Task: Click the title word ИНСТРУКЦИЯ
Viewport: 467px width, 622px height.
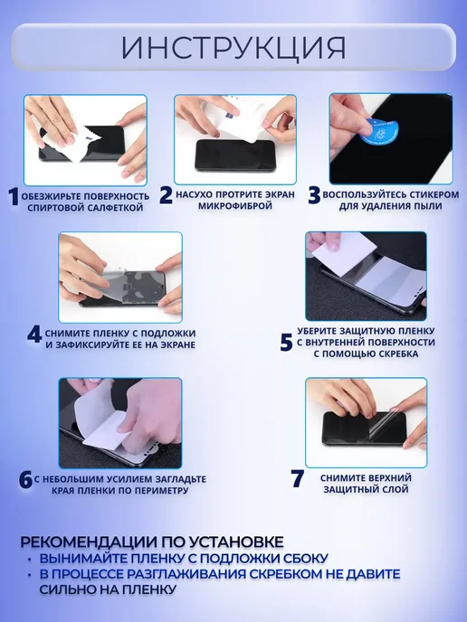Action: pos(233,49)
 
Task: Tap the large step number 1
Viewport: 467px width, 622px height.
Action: pos(14,197)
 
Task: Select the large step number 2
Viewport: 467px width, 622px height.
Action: pos(166,195)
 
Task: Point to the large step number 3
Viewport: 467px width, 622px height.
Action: pos(314,195)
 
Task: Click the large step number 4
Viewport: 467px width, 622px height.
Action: pos(34,335)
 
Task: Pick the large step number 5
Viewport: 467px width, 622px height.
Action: pos(286,343)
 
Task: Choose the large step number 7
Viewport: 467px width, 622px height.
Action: pos(298,478)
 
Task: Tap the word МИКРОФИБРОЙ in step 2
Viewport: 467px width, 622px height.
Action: pos(235,206)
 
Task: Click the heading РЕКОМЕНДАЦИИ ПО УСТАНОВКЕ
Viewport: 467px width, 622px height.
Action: pos(152,542)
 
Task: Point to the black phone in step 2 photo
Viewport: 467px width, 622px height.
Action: pos(235,155)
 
